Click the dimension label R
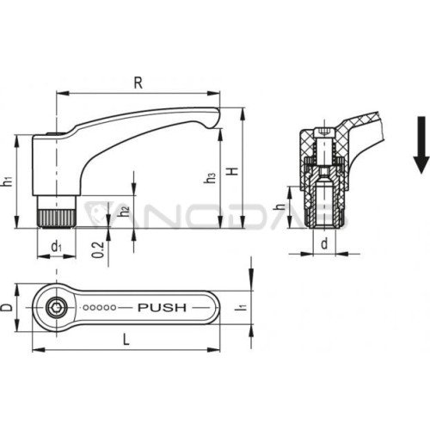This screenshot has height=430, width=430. click(138, 83)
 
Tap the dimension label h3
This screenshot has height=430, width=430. click(210, 178)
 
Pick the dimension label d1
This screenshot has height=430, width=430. click(56, 246)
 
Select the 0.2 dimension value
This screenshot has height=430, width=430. click(98, 249)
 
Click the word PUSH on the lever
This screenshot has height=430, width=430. click(162, 308)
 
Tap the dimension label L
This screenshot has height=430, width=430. click(126, 340)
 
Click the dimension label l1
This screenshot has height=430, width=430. click(240, 307)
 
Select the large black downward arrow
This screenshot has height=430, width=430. click(421, 144)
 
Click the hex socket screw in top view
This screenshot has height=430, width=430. click(57, 308)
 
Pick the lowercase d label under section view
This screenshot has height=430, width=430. click(324, 244)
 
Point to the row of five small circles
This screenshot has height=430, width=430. click(100, 308)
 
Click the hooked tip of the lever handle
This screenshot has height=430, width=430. click(214, 120)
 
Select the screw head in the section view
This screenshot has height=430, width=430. click(324, 132)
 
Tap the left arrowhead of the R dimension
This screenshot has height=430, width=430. click(63, 94)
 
